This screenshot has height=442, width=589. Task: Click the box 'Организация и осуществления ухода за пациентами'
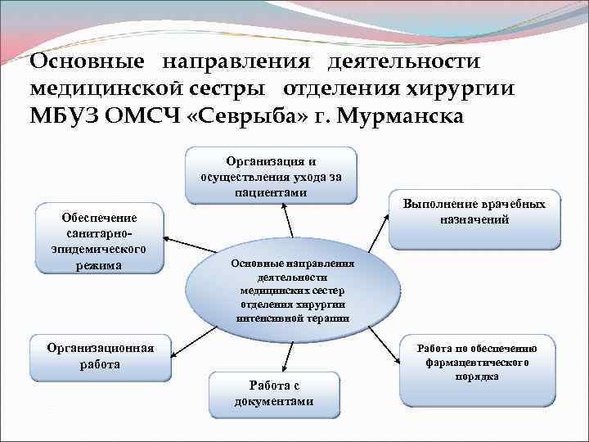[x=271, y=174]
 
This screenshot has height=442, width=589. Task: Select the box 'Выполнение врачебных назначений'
[x=474, y=220]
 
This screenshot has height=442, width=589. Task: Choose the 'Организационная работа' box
[x=100, y=356]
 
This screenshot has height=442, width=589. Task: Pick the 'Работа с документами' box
[x=272, y=394]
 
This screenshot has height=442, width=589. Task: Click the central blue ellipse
[x=292, y=291]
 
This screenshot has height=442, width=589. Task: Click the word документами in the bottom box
[x=273, y=401]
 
